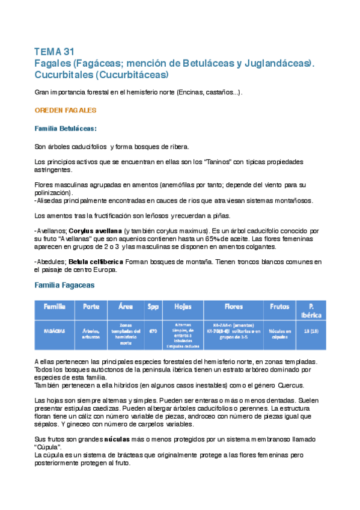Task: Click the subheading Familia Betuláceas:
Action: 66,129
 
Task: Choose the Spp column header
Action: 153,307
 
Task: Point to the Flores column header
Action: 233,307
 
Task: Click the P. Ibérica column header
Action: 311,310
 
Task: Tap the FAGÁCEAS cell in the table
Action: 54,330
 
